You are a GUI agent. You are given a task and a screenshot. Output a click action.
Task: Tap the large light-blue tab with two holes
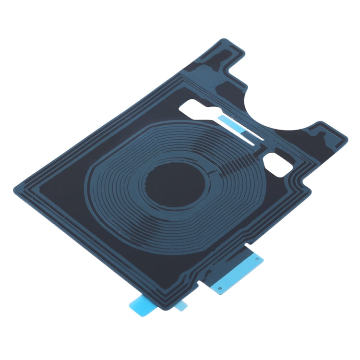tap(236, 272)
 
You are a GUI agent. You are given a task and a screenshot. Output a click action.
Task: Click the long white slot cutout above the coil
tap(211, 116)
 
